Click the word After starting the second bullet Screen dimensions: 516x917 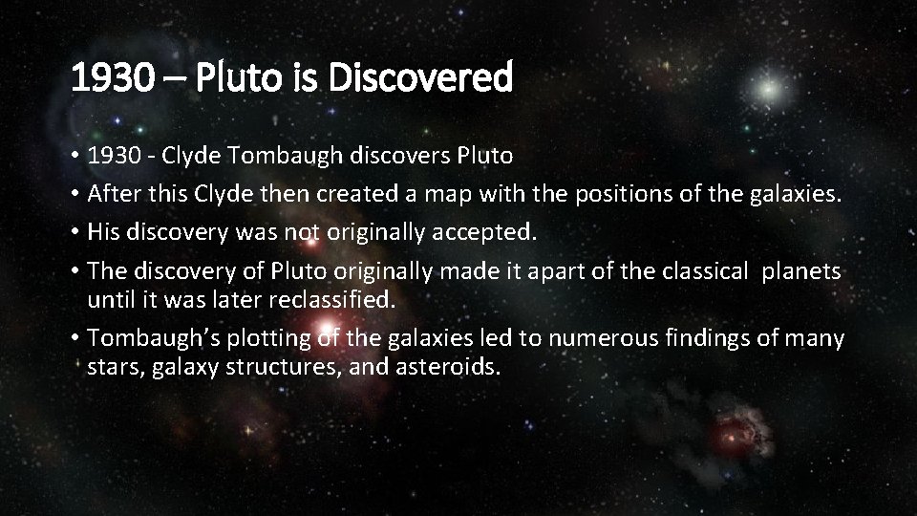[x=113, y=195]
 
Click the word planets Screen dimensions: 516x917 [x=801, y=272]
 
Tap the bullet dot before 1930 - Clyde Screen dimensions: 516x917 [x=75, y=156]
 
